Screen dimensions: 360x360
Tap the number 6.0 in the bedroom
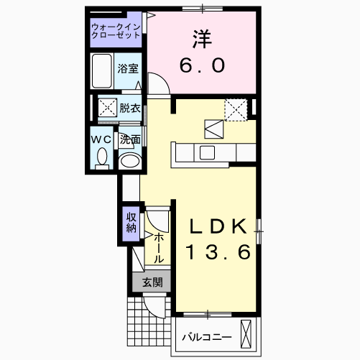click(202, 65)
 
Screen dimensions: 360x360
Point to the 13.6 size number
click(218, 253)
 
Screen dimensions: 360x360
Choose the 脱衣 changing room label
click(130, 109)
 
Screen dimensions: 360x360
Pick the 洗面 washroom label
click(130, 139)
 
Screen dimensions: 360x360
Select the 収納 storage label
click(131, 223)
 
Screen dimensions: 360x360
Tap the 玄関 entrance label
click(152, 282)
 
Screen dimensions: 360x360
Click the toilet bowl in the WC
click(101, 157)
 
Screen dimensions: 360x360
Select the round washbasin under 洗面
click(129, 160)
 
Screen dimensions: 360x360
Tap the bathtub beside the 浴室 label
click(103, 71)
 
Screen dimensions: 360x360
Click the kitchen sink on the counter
click(207, 152)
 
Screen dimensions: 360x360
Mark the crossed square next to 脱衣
click(107, 109)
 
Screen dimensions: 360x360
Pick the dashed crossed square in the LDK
click(235, 109)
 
